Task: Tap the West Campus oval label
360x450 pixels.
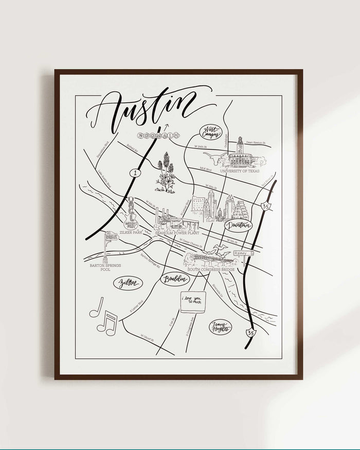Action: point(211,132)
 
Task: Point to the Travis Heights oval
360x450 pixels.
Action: point(220,327)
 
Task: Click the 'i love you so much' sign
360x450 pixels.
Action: point(193,301)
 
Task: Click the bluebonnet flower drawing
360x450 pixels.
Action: point(166,172)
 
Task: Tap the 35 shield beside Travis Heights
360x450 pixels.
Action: point(251,332)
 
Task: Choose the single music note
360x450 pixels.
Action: point(96,307)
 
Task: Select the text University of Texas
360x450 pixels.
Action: point(240,171)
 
